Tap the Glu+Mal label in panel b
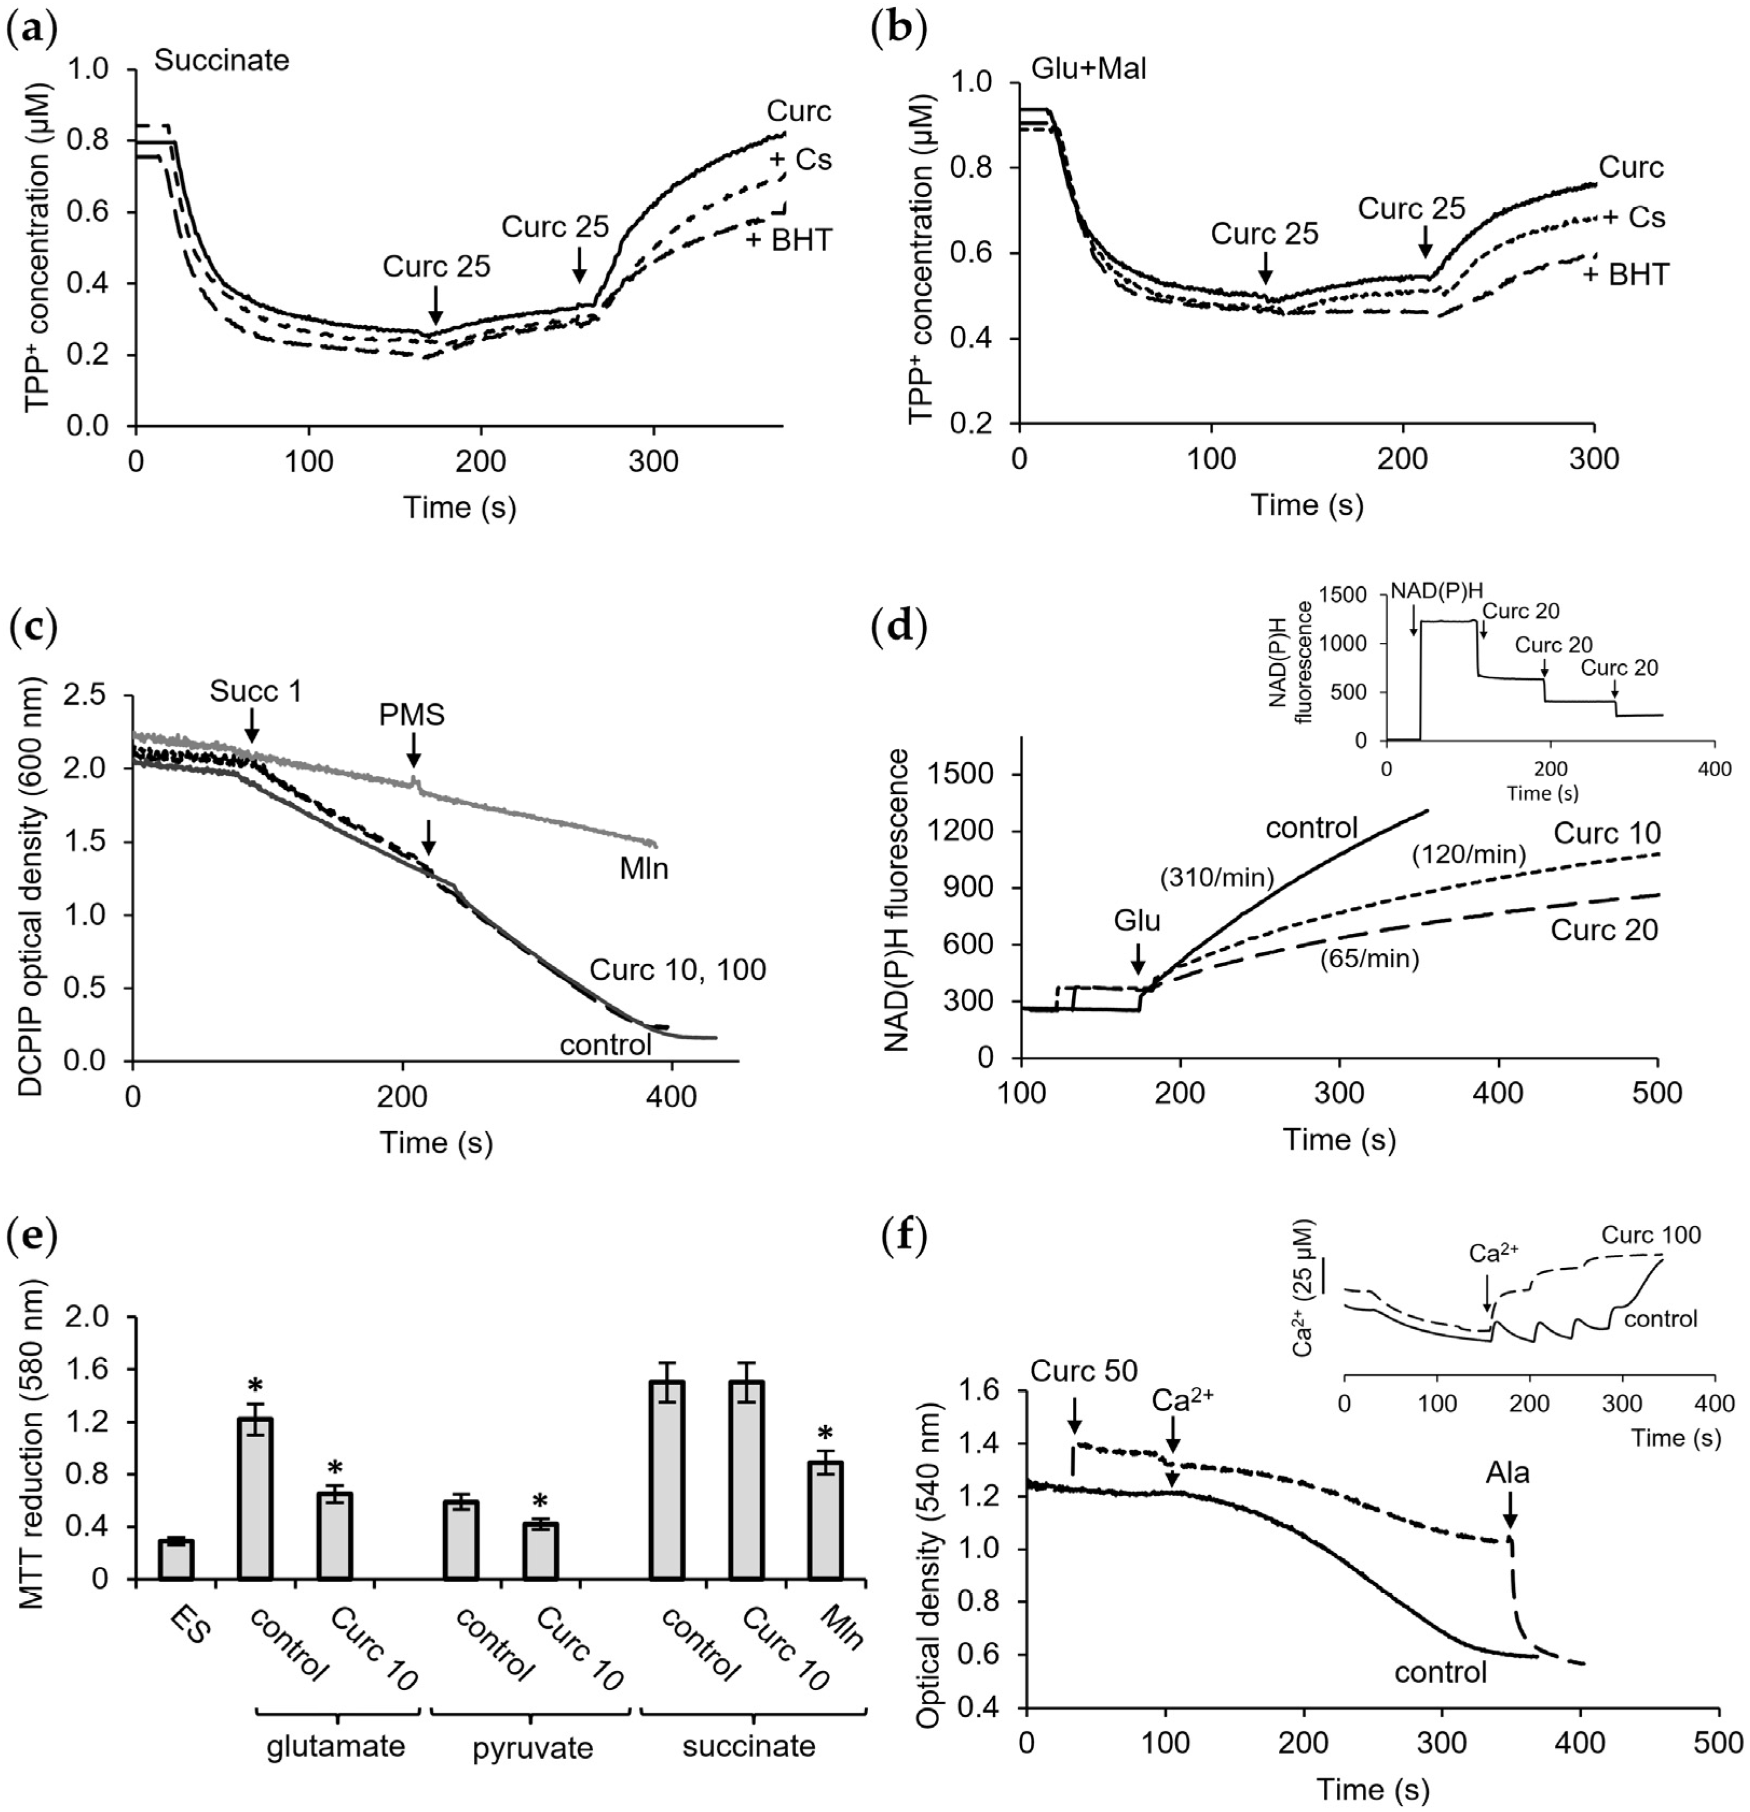pos(1088,68)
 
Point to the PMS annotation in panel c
pos(411,714)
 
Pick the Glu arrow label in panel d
pos(1137,921)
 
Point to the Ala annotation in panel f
pos(1507,1472)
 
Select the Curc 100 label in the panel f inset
pos(1651,1235)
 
